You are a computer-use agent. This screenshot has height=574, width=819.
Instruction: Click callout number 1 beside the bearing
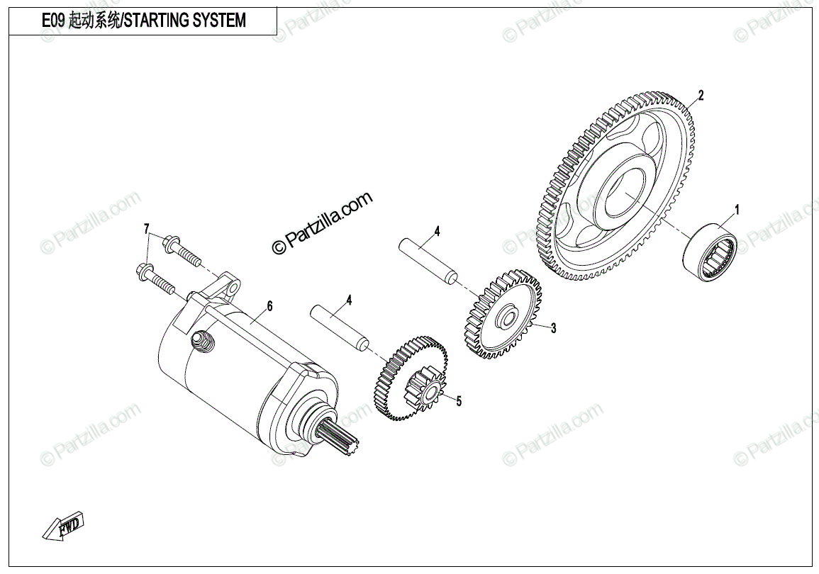(737, 210)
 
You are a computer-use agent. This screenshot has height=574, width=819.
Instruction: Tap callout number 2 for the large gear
(701, 96)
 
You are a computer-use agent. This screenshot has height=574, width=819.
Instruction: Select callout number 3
(553, 328)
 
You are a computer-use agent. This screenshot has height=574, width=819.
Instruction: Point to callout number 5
(459, 402)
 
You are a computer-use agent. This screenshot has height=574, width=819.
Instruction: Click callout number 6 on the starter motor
(269, 306)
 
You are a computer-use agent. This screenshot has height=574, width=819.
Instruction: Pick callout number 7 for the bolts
(147, 228)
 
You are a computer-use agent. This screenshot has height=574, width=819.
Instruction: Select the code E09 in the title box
(53, 21)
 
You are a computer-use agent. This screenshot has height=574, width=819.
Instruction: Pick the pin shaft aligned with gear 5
(340, 327)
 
